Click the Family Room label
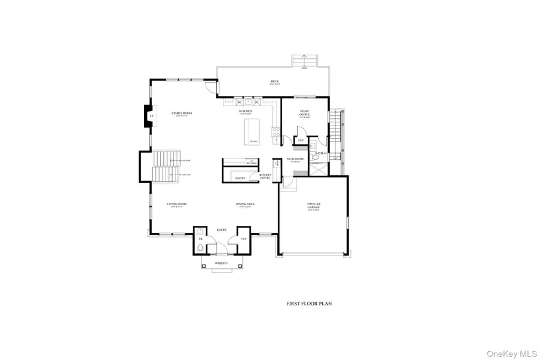click(x=181, y=113)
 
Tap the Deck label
click(x=275, y=81)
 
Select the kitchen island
click(x=253, y=132)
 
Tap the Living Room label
click(x=177, y=204)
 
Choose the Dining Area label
click(x=245, y=204)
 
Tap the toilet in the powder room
click(x=200, y=248)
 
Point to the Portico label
click(x=221, y=264)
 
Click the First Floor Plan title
click(x=309, y=304)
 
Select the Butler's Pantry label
click(x=266, y=176)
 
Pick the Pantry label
click(x=239, y=178)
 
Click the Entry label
click(x=221, y=230)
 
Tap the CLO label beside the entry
click(x=244, y=238)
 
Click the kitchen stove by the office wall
click(x=276, y=133)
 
